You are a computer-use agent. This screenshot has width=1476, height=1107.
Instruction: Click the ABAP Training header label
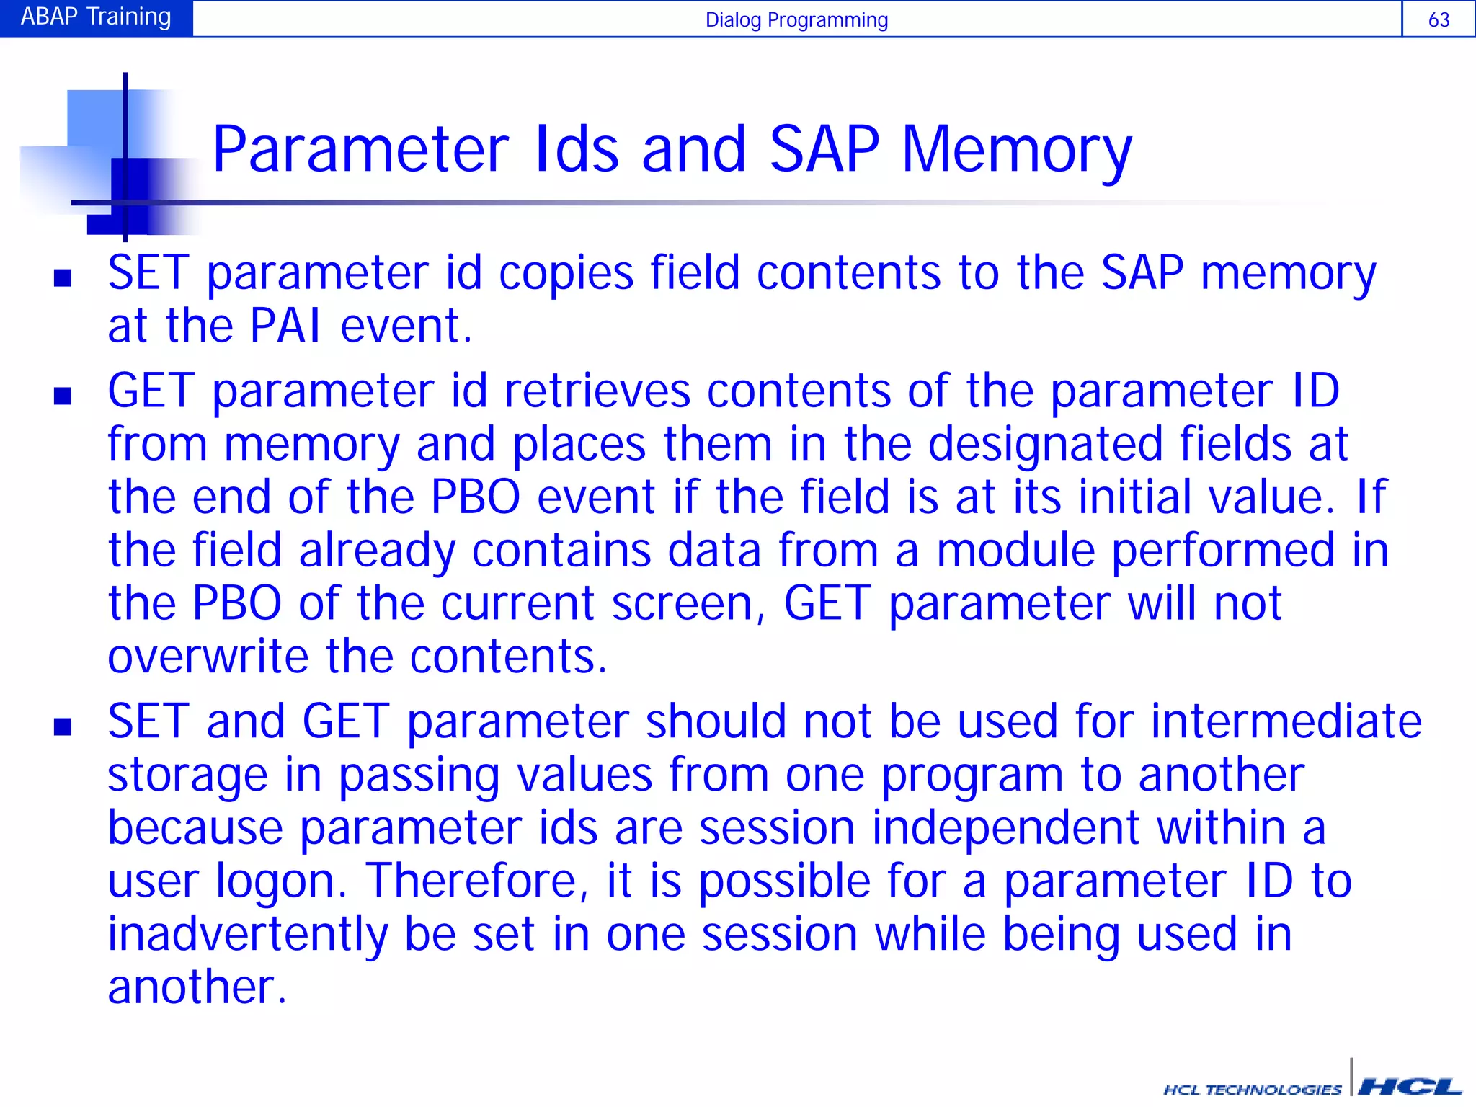click(96, 17)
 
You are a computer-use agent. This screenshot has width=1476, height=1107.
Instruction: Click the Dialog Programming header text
click(796, 19)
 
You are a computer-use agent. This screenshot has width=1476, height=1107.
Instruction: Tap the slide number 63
click(1439, 19)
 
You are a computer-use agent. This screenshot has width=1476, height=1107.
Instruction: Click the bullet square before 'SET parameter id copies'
click(63, 277)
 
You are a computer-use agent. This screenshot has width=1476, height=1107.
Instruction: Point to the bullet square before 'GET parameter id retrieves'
click(63, 396)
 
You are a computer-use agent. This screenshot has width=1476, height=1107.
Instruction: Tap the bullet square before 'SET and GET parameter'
click(63, 726)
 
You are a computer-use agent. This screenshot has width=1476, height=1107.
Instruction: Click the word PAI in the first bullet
click(285, 326)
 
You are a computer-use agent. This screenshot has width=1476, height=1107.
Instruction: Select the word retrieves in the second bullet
click(597, 391)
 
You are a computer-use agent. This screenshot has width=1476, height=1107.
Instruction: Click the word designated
click(1045, 443)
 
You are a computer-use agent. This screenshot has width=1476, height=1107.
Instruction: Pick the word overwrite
click(208, 657)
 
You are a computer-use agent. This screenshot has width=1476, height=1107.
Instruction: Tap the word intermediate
click(1286, 721)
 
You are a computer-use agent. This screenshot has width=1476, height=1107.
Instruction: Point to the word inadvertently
click(247, 935)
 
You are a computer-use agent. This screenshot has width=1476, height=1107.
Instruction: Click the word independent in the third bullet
click(1005, 827)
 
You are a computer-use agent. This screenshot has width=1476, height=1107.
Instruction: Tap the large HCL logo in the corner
click(1409, 1086)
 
